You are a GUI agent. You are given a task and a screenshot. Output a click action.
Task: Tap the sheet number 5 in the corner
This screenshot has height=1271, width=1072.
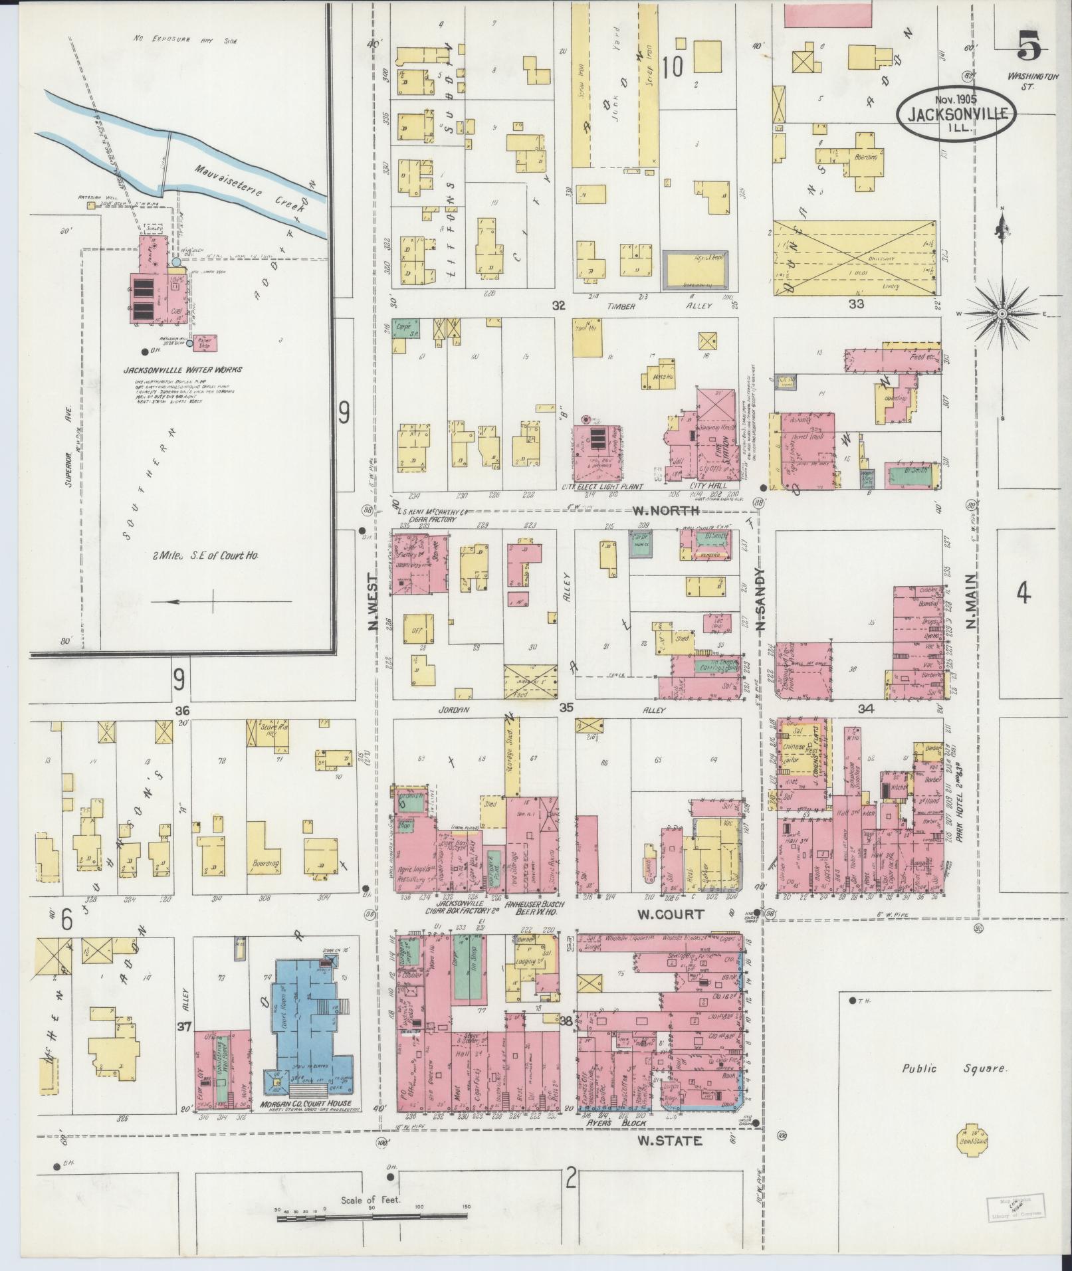point(1029,47)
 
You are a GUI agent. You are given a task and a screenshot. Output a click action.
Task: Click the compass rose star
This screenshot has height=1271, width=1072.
point(1001,312)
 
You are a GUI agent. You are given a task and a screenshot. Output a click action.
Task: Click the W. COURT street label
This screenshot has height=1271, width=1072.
point(670,914)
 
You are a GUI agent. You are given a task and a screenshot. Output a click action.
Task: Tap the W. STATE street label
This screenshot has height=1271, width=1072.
point(669,1141)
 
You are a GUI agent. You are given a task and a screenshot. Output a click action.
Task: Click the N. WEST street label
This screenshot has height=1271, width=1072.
point(374,601)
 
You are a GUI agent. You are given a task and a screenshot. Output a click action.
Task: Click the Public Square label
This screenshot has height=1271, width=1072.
point(955,1069)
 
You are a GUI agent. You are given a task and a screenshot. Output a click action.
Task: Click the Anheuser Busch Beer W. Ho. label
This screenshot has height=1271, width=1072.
point(535,908)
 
